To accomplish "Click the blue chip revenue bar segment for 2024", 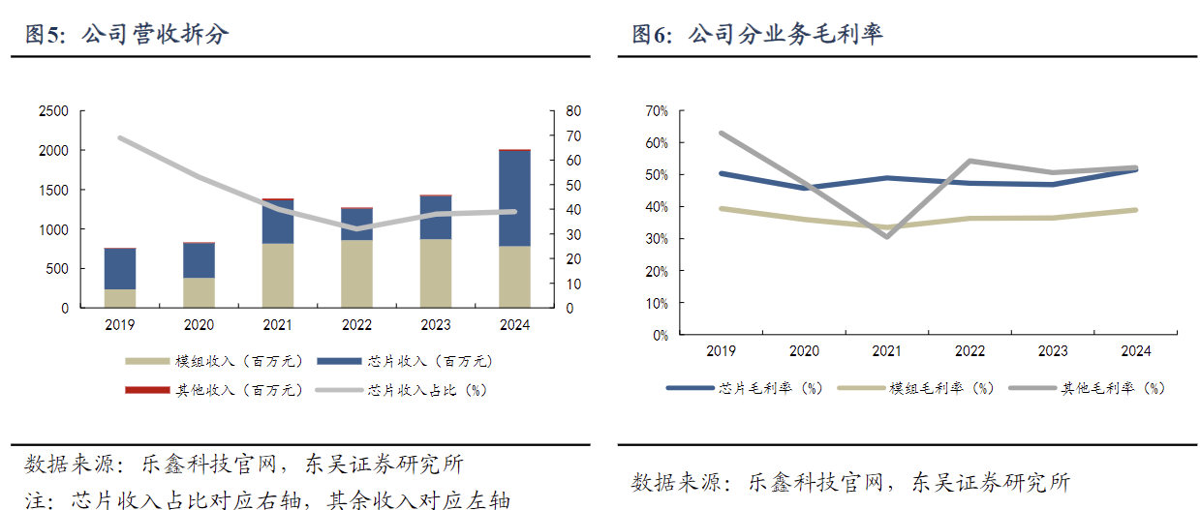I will tap(515, 198).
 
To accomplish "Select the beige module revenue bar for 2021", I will tap(278, 275).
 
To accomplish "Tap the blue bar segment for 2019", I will tap(120, 269).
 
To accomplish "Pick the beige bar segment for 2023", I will tap(436, 273).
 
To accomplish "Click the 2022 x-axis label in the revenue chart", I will tap(357, 326).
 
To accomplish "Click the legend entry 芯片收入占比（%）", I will tap(427, 390).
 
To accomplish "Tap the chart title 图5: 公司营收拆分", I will tap(127, 35).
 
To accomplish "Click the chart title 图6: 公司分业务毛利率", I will tap(757, 35).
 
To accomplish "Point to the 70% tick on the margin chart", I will tap(656, 111).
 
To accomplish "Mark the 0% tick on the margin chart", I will tap(660, 336).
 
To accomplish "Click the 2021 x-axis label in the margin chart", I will tap(887, 351).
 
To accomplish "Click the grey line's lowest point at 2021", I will tap(887, 236).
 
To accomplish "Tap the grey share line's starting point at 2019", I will tap(120, 138).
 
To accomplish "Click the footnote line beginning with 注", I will tap(267, 499).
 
